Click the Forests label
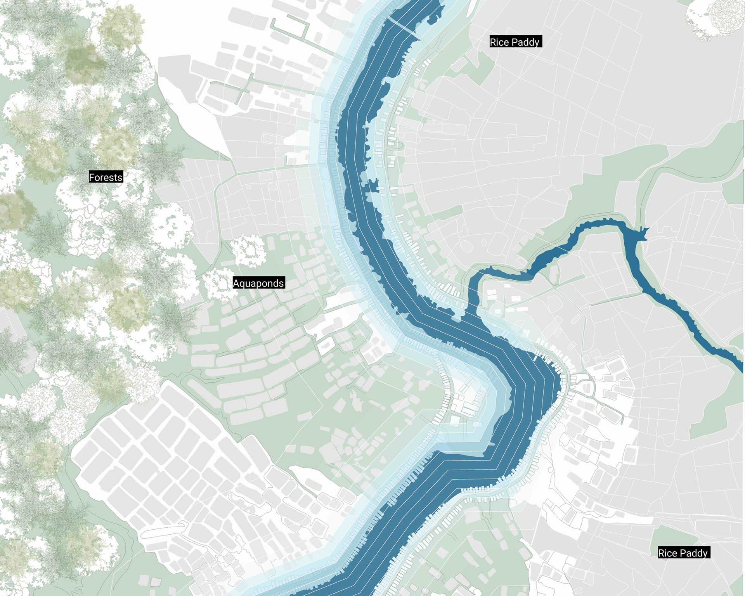106,177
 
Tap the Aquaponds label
258,283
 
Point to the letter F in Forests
92,177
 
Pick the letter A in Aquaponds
236,283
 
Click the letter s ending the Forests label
120,178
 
